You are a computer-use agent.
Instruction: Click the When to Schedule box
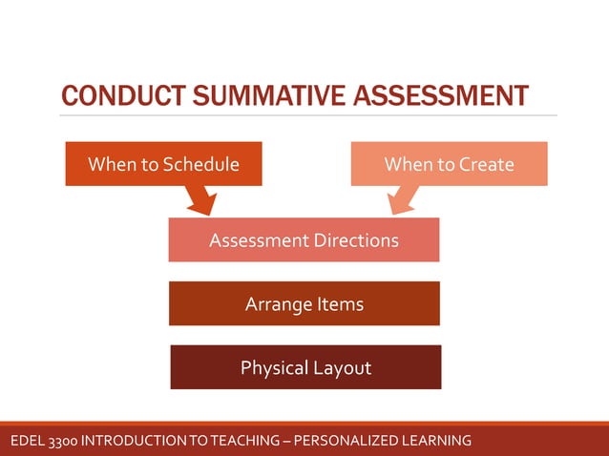[x=163, y=164]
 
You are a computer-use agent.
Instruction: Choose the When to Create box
[x=449, y=164]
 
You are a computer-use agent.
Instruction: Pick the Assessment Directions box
[x=304, y=240]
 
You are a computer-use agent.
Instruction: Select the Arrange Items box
[x=304, y=304]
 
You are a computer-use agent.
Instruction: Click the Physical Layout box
[x=305, y=367]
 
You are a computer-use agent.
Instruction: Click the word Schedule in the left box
[x=200, y=164]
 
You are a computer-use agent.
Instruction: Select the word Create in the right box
[x=485, y=164]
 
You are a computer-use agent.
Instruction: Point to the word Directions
[x=356, y=240]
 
